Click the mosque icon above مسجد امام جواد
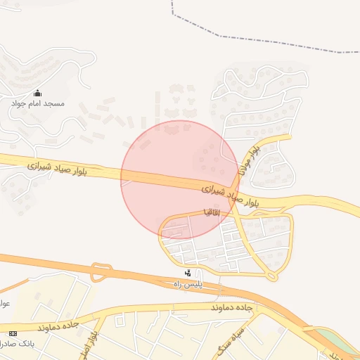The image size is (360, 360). [x=38, y=93]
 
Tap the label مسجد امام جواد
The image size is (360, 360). [x=38, y=103]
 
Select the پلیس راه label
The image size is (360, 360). [x=188, y=283]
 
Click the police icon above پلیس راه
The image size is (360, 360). [x=188, y=273]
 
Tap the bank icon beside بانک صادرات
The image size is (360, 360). [x=12, y=332]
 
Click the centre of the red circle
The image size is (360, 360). [x=180, y=180]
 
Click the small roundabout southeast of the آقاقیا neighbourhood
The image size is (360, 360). [x=271, y=276]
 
